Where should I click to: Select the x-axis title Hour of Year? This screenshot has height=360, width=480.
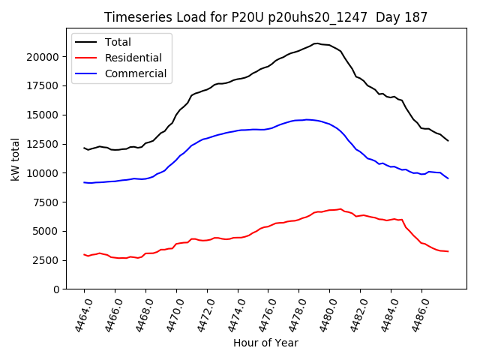(265, 343)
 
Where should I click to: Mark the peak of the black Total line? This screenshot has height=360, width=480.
(316, 43)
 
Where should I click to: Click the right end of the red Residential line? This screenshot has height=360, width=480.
(448, 251)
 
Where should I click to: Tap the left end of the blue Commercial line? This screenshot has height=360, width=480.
(84, 182)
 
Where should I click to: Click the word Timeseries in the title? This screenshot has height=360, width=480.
(132, 17)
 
